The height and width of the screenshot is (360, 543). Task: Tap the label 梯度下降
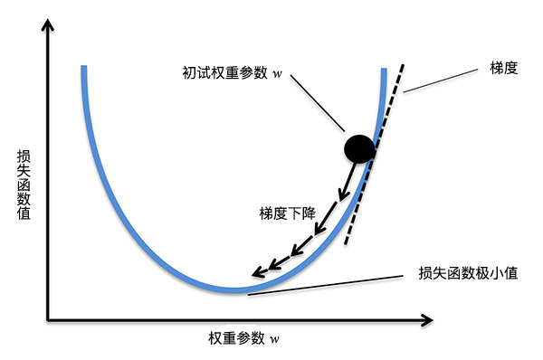pyautogui.click(x=286, y=213)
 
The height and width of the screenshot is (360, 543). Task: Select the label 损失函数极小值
pyautogui.click(x=468, y=272)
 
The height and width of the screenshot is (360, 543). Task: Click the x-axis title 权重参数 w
pyautogui.click(x=243, y=338)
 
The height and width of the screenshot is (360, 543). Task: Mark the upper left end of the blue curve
pyautogui.click(x=83, y=69)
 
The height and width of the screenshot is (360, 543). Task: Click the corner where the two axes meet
pyautogui.click(x=48, y=318)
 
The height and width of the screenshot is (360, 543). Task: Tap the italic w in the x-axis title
pyautogui.click(x=274, y=339)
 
